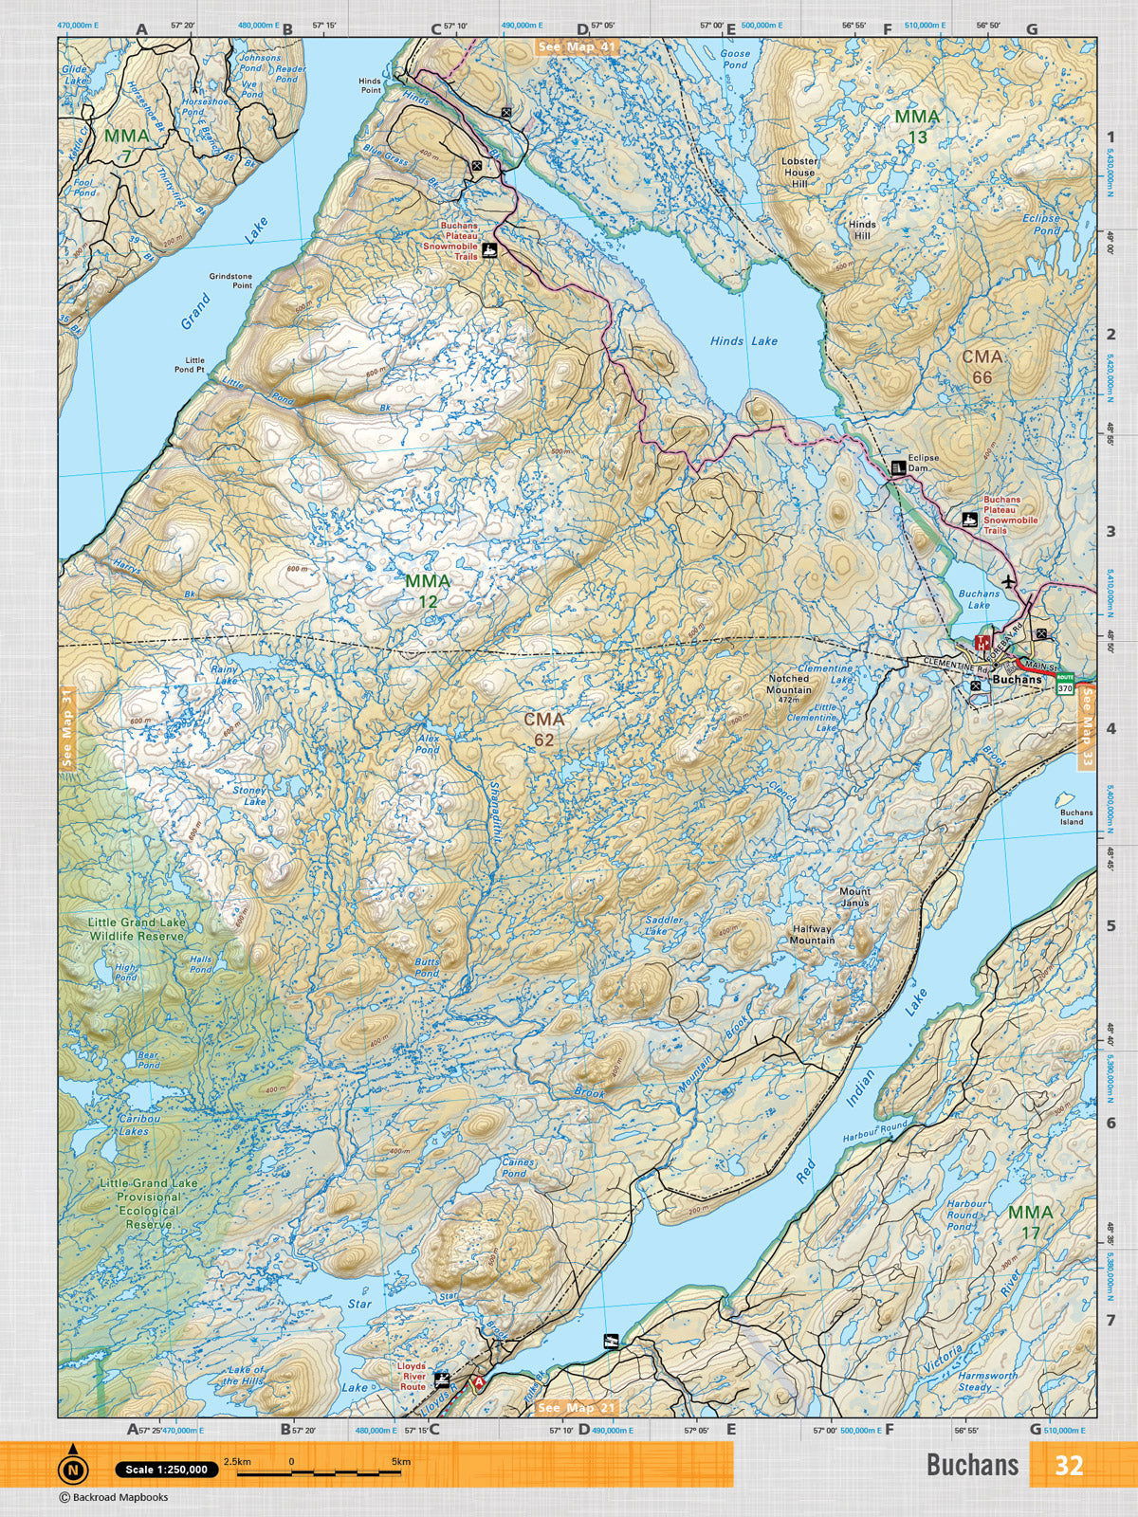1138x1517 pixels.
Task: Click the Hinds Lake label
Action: pos(743,341)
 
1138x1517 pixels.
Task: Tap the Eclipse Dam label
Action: pos(923,464)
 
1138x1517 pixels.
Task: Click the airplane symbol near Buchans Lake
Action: pos(1007,580)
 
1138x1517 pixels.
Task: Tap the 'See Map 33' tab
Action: pos(1087,728)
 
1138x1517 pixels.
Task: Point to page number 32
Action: pos(1069,1466)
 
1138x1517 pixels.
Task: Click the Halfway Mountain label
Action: pos(813,934)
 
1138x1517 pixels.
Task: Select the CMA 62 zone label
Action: pos(544,729)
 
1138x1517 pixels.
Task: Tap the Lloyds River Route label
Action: pos(412,1376)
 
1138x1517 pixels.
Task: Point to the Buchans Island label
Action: pos(1076,816)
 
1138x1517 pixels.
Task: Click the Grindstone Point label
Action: pos(230,281)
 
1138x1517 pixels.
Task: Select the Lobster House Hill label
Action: pos(798,173)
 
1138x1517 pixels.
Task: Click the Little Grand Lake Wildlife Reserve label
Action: pos(136,928)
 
